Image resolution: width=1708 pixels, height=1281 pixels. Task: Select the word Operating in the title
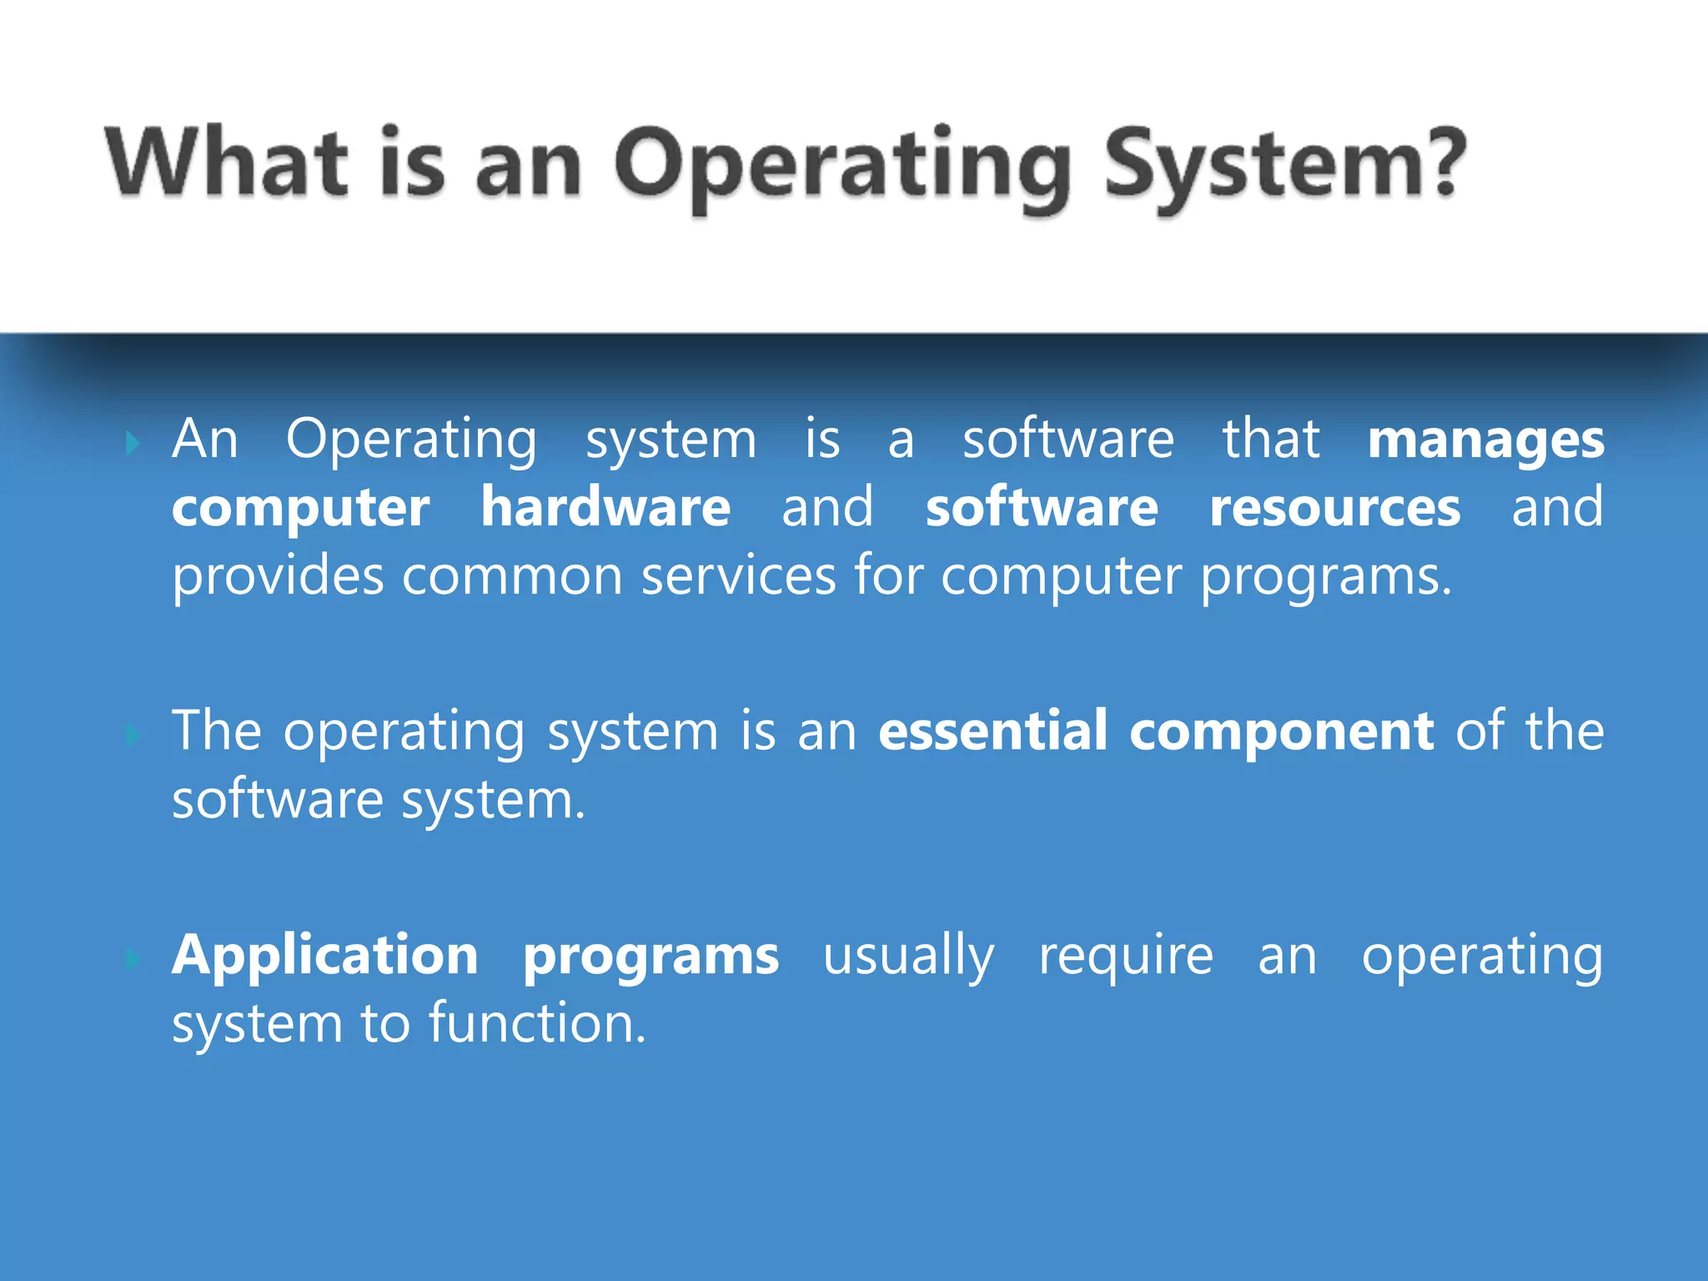pyautogui.click(x=841, y=167)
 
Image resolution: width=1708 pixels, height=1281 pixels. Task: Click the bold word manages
pyautogui.click(x=1485, y=440)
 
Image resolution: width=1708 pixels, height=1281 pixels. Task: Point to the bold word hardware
pyautogui.click(x=605, y=507)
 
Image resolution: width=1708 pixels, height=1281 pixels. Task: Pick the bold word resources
pyautogui.click(x=1334, y=507)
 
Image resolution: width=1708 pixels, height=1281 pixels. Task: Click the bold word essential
pyautogui.click(x=992, y=731)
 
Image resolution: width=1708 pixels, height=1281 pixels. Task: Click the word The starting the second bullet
pyautogui.click(x=217, y=731)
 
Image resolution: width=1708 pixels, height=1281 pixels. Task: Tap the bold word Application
pyautogui.click(x=324, y=956)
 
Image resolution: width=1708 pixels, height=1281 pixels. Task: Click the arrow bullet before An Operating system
pyautogui.click(x=133, y=442)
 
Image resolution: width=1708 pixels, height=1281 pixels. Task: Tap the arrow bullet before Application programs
pyautogui.click(x=133, y=959)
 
